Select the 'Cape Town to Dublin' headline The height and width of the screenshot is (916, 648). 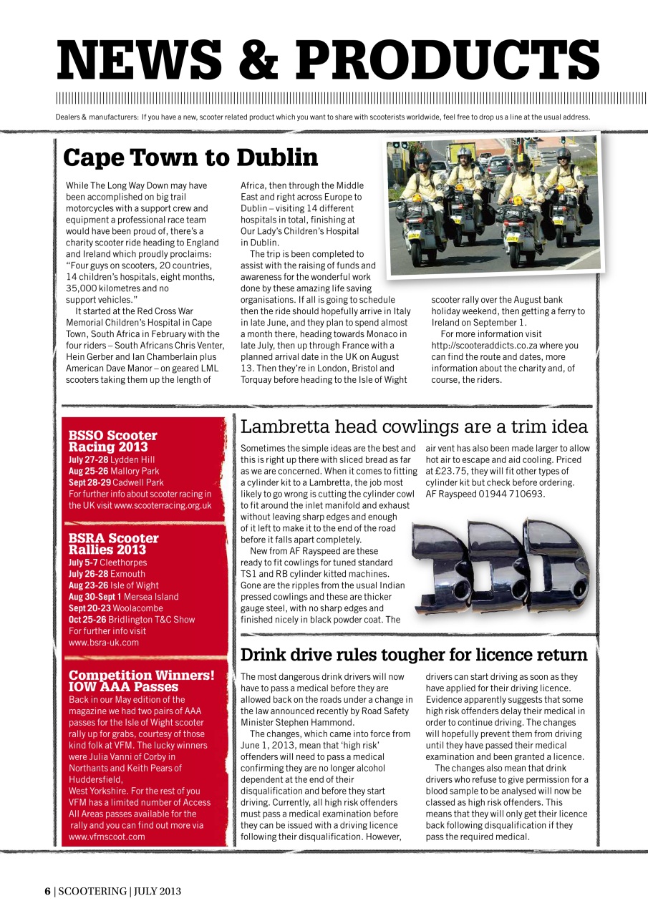190,157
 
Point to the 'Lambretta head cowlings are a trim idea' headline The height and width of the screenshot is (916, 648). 414,427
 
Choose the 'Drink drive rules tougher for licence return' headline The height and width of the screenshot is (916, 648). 414,655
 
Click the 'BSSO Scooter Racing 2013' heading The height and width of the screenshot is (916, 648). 112,441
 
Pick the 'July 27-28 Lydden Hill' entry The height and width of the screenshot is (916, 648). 111,459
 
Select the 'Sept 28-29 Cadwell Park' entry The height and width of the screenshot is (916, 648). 116,482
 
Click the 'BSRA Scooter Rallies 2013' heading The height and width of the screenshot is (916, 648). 113,544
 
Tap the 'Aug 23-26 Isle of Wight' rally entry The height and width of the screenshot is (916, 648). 113,585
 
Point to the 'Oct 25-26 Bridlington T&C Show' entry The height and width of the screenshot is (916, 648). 131,620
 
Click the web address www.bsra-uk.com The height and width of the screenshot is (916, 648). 104,643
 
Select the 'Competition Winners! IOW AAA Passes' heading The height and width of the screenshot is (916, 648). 141,681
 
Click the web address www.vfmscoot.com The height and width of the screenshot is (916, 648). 107,837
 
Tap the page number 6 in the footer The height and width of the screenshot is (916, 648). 47,891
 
